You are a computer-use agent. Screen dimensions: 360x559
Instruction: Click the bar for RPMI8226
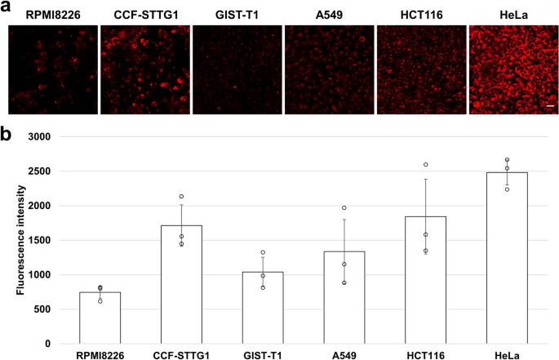100,318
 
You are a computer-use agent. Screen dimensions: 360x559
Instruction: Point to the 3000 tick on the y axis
42,137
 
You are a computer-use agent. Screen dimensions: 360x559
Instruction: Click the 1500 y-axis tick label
42,241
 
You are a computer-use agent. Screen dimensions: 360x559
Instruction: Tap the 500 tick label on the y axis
45,309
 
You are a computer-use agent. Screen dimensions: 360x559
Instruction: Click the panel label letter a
7,7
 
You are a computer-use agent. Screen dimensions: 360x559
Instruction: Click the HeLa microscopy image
513,69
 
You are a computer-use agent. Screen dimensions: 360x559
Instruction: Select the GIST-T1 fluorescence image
237,69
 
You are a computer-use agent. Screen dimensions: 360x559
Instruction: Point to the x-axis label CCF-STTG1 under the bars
181,355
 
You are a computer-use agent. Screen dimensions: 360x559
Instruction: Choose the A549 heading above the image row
329,15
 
